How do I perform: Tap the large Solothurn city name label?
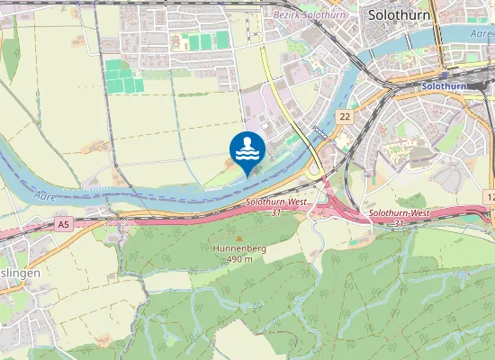pos(399,14)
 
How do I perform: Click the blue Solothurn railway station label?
pos(444,86)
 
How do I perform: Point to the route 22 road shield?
pos(344,118)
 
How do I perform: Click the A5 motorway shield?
pos(62,223)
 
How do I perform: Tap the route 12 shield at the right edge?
pos(490,196)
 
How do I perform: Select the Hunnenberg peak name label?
pos(237,247)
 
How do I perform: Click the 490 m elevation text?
pos(238,259)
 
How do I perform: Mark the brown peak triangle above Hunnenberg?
pos(238,238)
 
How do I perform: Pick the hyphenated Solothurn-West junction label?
pos(399,212)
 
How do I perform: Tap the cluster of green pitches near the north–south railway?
pos(124,76)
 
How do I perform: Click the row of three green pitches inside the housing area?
pos(204,41)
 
